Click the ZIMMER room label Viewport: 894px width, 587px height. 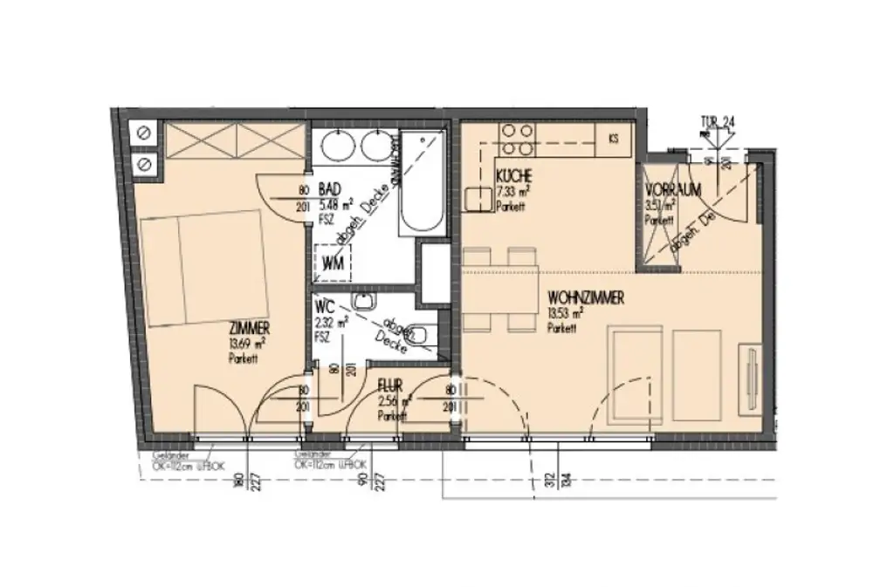249,328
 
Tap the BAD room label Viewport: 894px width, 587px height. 330,189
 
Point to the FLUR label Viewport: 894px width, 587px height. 390,384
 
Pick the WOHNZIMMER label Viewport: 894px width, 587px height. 585,299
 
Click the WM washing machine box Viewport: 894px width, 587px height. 333,262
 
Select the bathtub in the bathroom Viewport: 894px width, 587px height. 422,182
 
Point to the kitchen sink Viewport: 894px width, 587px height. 479,200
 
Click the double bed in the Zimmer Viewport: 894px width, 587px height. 202,268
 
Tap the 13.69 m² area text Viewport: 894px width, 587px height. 248,343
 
